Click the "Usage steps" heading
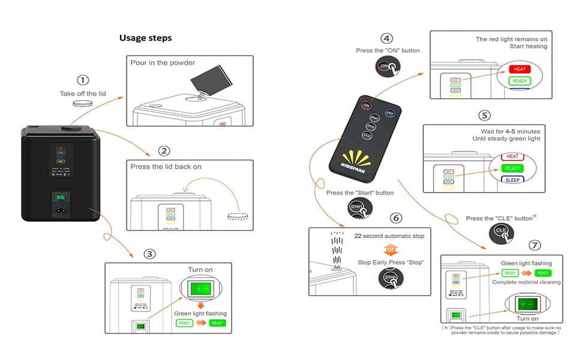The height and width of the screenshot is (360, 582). [x=145, y=38]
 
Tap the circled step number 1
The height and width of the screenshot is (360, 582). [x=83, y=80]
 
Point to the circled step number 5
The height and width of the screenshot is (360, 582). [x=484, y=115]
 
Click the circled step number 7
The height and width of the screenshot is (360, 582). [x=535, y=245]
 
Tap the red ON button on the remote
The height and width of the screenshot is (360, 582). [x=366, y=105]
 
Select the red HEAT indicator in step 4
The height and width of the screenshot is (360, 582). [x=520, y=69]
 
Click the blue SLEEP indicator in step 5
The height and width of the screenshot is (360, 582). [x=513, y=179]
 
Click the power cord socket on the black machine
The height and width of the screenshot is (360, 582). [x=61, y=211]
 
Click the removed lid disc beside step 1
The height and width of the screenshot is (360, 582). [x=82, y=103]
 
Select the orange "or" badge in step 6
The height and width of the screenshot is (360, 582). [x=391, y=248]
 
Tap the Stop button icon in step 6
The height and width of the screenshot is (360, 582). [x=391, y=278]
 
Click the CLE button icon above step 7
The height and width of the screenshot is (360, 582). [x=500, y=232]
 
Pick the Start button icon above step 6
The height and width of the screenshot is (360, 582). [x=359, y=208]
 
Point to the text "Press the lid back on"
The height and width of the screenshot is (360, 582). [x=166, y=166]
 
